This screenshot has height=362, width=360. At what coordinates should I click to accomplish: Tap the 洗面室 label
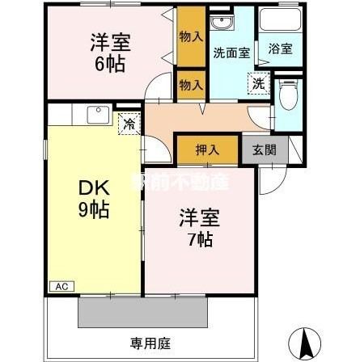(x=227, y=54)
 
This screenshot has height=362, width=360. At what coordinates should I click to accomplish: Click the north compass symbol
(x=304, y=343)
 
